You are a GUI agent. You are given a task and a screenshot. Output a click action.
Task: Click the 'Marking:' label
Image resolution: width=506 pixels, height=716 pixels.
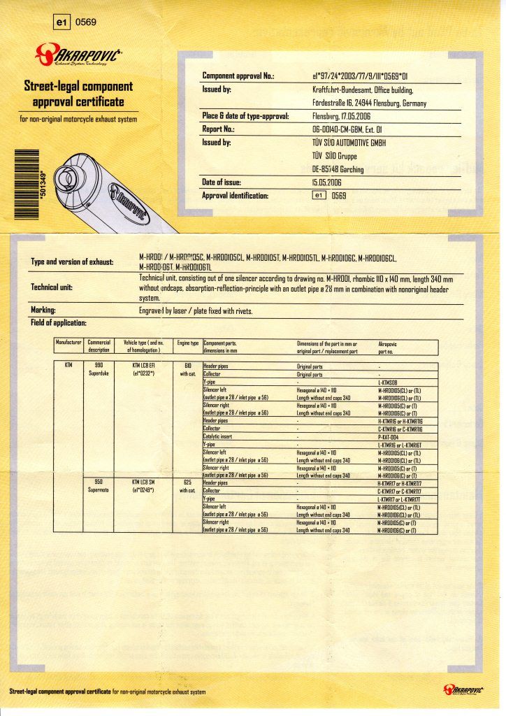(x=43, y=310)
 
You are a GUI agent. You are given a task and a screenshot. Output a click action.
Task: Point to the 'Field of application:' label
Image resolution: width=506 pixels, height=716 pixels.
(x=58, y=322)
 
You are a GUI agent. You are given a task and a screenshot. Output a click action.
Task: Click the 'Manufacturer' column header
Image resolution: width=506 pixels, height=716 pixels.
(x=69, y=343)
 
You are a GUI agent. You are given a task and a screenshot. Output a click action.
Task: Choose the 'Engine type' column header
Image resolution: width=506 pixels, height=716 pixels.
(x=188, y=343)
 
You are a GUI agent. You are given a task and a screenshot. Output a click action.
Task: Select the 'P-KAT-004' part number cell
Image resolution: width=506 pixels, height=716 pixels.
(x=389, y=436)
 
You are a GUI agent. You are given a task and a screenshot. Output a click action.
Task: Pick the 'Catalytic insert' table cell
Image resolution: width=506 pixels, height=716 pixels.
(x=220, y=436)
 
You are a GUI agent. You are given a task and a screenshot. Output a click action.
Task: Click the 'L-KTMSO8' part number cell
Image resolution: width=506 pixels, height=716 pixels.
(x=390, y=382)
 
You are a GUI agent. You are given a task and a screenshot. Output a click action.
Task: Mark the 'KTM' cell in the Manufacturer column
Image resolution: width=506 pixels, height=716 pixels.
(x=68, y=365)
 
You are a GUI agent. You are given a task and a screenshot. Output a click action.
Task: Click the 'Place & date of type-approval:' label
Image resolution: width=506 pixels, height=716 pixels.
(x=245, y=116)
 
